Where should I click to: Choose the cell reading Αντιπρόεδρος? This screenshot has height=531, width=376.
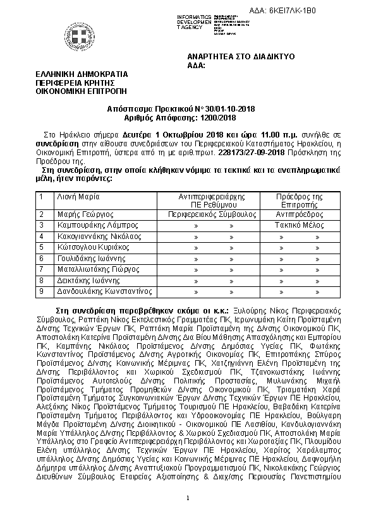point(300,214)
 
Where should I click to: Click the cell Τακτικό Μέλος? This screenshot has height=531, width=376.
point(300,225)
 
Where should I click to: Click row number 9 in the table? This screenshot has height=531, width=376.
point(41,291)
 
